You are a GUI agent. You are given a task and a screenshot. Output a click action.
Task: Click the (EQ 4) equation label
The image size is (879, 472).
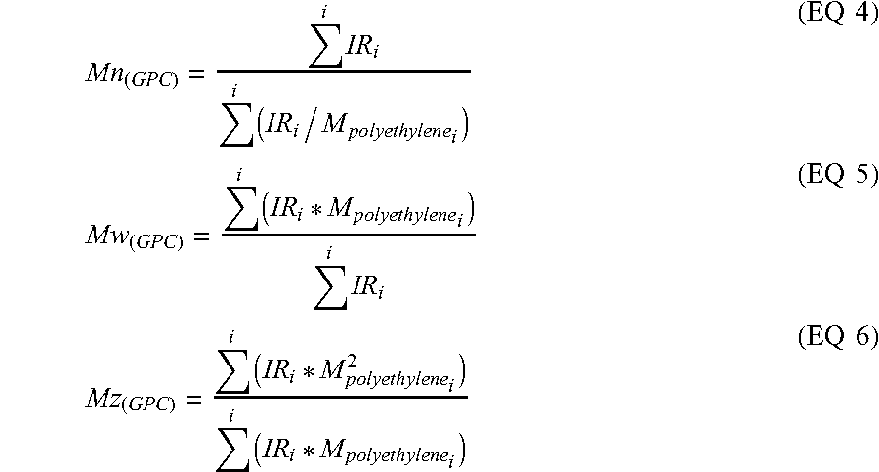(838, 17)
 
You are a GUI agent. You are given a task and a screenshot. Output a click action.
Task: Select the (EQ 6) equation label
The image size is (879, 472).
(838, 338)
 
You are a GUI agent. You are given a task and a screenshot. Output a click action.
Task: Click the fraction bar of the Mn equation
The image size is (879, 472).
(342, 71)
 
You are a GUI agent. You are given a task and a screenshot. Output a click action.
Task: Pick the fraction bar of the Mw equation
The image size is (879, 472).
(348, 233)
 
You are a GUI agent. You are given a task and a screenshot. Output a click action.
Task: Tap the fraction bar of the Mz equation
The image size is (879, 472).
(341, 394)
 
